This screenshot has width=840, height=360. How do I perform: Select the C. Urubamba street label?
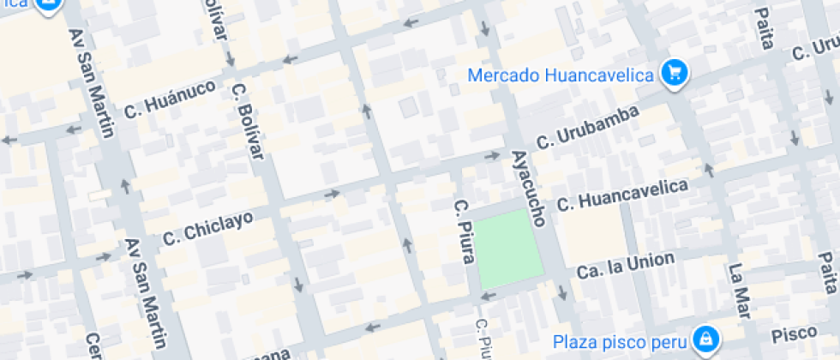pyautogui.click(x=587, y=127)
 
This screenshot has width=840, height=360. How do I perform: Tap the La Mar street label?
pyautogui.click(x=738, y=287)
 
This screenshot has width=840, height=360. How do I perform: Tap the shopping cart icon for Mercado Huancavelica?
pyautogui.click(x=674, y=73)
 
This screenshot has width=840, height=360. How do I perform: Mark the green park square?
pyautogui.click(x=510, y=249)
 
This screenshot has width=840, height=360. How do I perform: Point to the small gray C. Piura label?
pyautogui.click(x=482, y=339)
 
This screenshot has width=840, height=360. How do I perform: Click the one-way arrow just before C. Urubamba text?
pyautogui.click(x=493, y=156)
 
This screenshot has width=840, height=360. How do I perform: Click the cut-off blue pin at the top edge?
pyautogui.click(x=49, y=5)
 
